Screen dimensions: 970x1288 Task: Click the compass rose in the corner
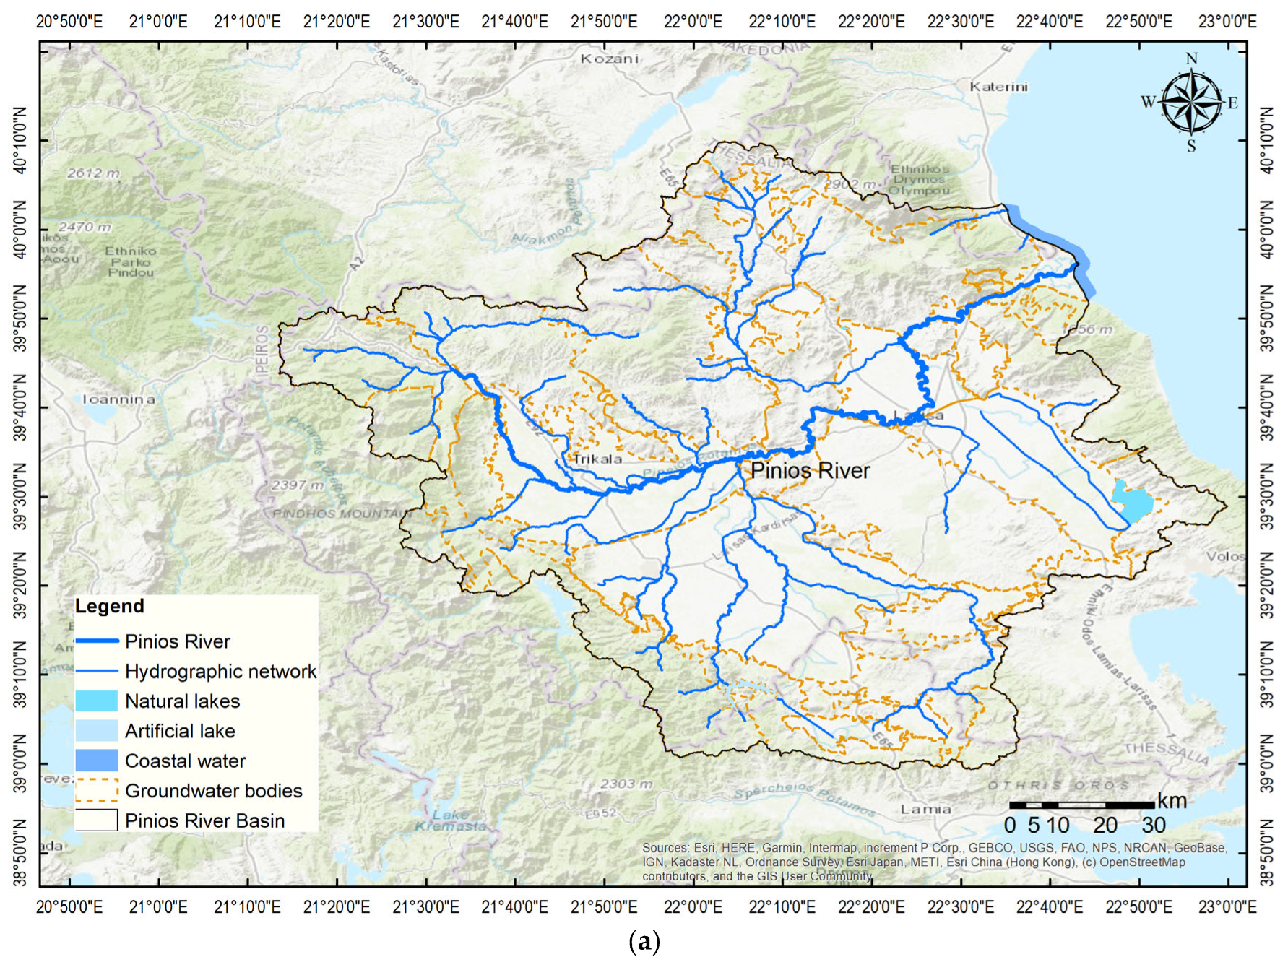1190,103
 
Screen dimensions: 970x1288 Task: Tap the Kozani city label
610,59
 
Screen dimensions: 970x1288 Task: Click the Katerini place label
998,87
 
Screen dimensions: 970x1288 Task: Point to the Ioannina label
118,399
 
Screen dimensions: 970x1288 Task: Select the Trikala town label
597,459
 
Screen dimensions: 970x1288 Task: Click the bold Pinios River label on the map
810,471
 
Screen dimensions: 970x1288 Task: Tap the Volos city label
1225,556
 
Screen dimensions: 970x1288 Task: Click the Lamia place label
925,809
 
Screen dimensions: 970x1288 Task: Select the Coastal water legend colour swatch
96,761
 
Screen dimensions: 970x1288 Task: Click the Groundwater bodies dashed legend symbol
96,790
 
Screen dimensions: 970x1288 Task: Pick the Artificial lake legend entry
180,731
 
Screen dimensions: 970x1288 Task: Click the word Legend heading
110,606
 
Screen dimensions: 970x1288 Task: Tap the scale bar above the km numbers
1081,805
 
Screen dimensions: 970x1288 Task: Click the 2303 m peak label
626,784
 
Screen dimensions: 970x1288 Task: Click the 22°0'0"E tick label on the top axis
693,22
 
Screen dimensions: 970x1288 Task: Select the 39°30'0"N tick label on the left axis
20,497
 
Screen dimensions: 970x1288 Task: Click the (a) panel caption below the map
644,941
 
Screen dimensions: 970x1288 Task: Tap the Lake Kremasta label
450,820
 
